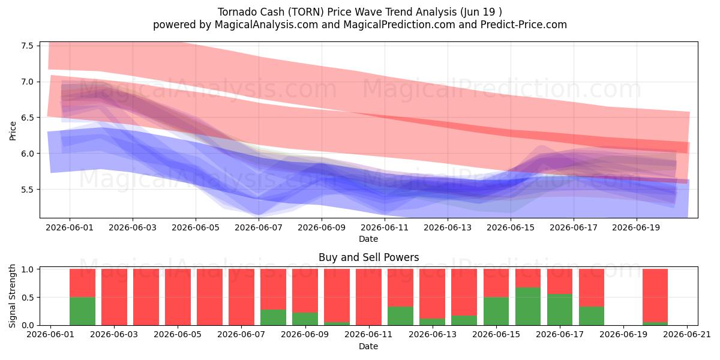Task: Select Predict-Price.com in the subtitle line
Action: pyautogui.click(x=524, y=25)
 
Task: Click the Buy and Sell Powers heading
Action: pyautogui.click(x=368, y=257)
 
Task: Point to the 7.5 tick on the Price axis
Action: pyautogui.click(x=28, y=46)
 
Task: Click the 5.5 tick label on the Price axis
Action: pyautogui.click(x=28, y=190)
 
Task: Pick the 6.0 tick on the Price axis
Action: pyautogui.click(x=28, y=154)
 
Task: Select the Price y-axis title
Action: pyautogui.click(x=13, y=131)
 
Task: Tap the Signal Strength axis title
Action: pyautogui.click(x=12, y=296)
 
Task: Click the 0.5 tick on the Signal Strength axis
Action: pyautogui.click(x=28, y=298)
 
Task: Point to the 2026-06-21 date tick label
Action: pyautogui.click(x=687, y=335)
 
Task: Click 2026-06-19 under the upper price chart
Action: pyautogui.click(x=636, y=227)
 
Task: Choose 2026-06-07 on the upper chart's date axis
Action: pyautogui.click(x=259, y=227)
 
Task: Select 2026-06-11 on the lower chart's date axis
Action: pyautogui.click(x=368, y=335)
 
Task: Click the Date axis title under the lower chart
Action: pyautogui.click(x=368, y=346)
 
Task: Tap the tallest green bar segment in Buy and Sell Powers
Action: pyautogui.click(x=528, y=307)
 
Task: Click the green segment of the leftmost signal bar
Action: pyautogui.click(x=82, y=311)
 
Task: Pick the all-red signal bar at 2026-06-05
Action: pyautogui.click(x=178, y=297)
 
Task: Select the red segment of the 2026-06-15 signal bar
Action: pyautogui.click(x=496, y=283)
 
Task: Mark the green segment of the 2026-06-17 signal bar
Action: pyautogui.click(x=560, y=310)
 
